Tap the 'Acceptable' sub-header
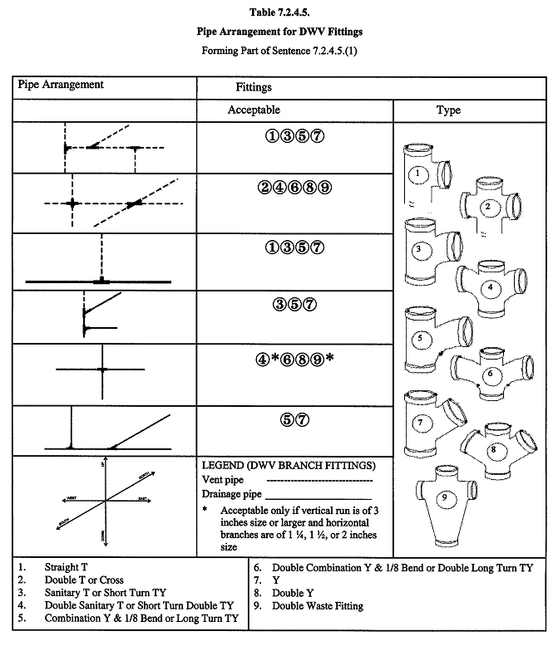pyautogui.click(x=254, y=110)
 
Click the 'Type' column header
pyautogui.click(x=448, y=110)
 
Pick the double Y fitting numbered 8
pyautogui.click(x=496, y=448)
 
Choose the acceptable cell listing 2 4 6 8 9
pyautogui.click(x=294, y=187)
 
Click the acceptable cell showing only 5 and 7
pyautogui.click(x=294, y=419)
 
